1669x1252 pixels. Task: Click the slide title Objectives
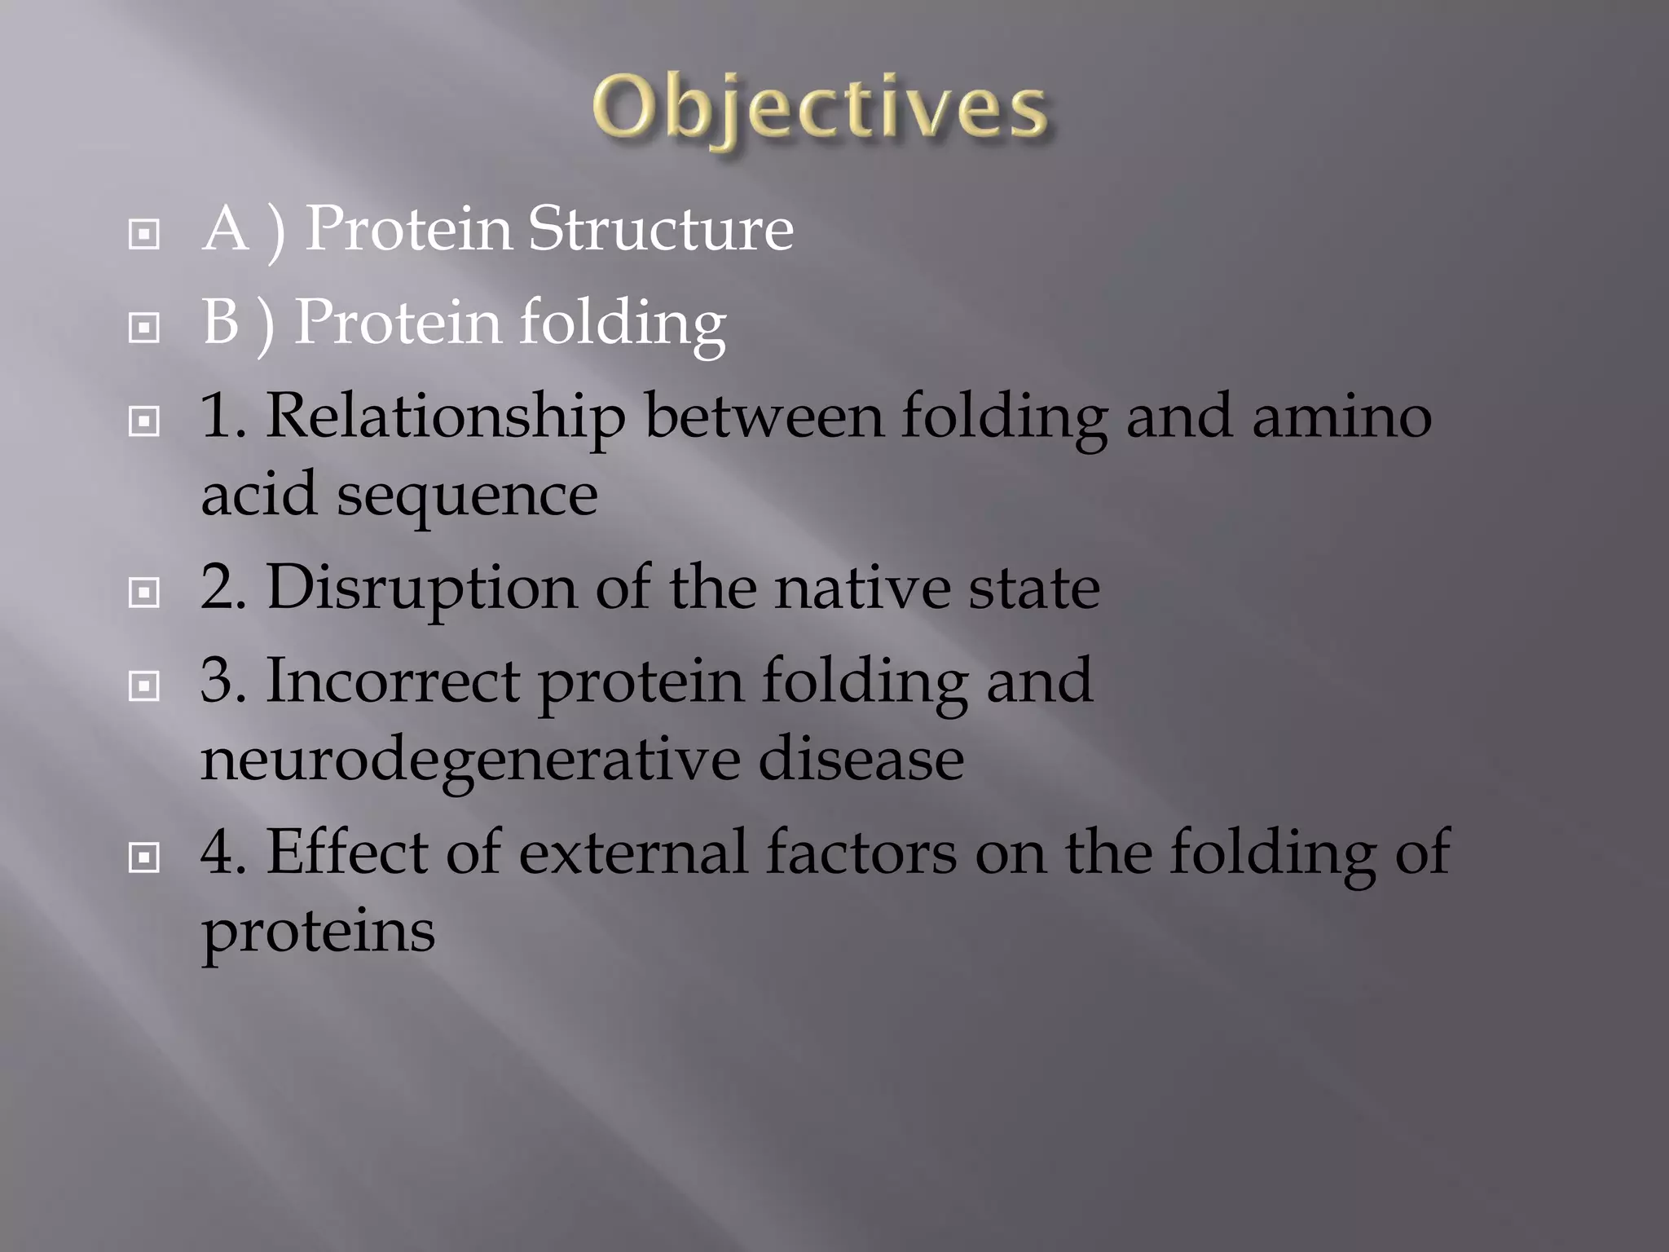[820, 109]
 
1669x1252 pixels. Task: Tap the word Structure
[660, 229]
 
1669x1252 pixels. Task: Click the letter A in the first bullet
[225, 229]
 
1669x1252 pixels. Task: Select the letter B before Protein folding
[221, 323]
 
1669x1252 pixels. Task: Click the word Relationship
[445, 417]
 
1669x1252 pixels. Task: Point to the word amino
[1341, 417]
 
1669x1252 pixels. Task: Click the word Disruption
[421, 589]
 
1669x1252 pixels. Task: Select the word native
[862, 589]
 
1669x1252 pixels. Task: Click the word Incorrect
[393, 681]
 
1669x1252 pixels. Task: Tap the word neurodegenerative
[470, 760]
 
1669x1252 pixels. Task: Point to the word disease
[861, 760]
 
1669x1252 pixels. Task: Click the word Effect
[346, 853]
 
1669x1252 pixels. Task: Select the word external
[633, 853]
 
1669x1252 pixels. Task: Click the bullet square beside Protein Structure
[144, 235]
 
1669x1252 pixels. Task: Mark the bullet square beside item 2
[144, 593]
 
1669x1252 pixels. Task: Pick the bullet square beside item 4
[144, 857]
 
